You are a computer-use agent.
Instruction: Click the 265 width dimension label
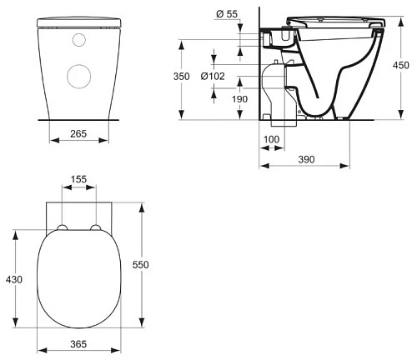78,133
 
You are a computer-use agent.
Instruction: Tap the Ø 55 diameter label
227,14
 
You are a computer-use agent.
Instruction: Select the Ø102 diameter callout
213,76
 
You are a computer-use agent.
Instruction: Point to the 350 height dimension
182,76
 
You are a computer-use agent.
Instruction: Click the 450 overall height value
401,65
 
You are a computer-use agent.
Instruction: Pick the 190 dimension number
239,99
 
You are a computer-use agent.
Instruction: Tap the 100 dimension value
271,139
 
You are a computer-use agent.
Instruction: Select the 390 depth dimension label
306,159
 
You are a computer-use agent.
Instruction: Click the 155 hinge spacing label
78,179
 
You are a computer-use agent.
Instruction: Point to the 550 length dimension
141,265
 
